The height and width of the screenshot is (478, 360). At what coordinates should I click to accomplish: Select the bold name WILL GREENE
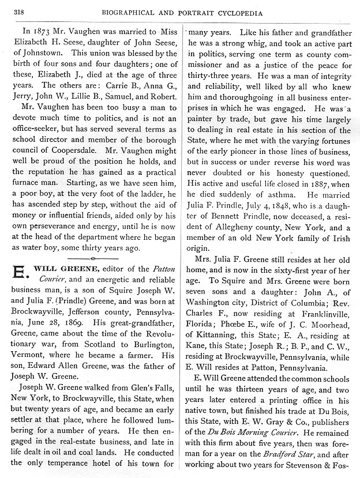67,268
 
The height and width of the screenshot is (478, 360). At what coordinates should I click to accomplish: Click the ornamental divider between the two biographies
94,252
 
